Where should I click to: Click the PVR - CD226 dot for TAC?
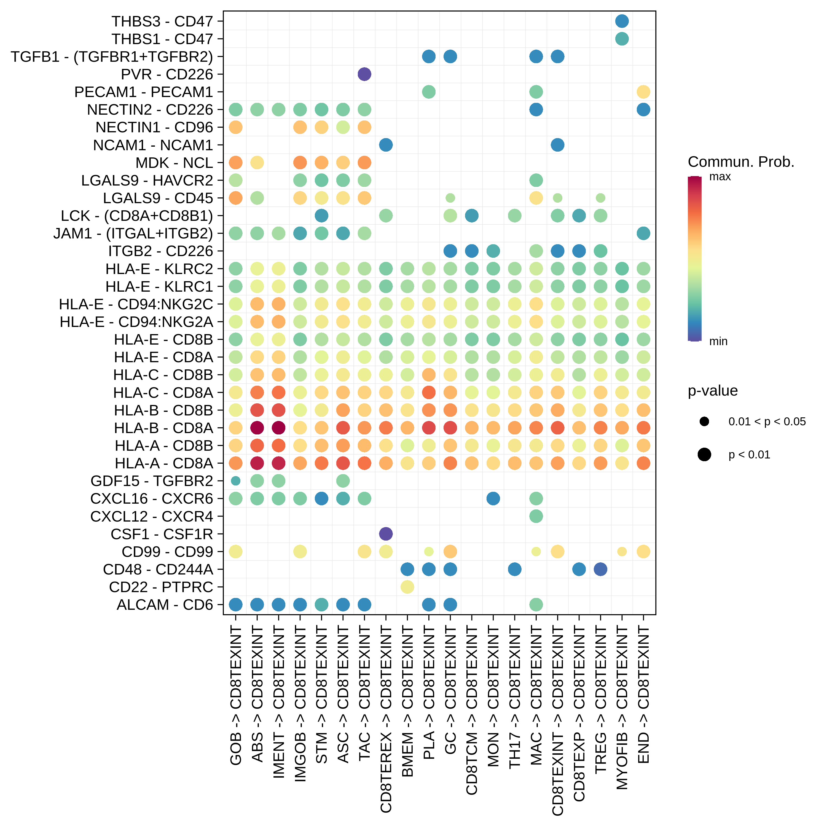364,74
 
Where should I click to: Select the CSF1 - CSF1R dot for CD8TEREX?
386,534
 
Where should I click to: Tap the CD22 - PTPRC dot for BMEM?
407,587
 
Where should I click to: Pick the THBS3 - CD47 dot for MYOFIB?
622,21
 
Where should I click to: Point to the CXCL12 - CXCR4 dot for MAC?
536,516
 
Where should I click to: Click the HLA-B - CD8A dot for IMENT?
279,428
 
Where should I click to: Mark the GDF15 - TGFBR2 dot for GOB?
235,481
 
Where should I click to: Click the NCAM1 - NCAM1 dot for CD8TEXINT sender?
557,145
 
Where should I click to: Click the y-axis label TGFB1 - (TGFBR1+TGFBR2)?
112,57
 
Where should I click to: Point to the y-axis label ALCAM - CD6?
165,605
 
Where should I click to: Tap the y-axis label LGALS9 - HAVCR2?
147,181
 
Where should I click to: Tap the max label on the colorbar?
720,177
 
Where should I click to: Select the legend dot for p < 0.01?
704,455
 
